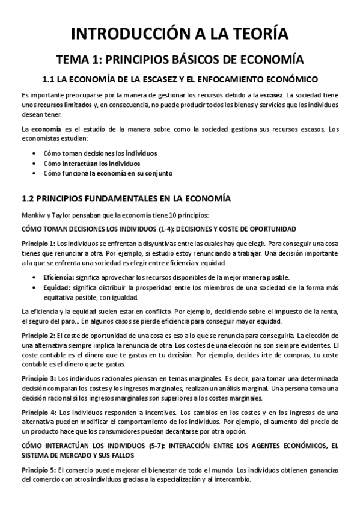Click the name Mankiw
pos(31,215)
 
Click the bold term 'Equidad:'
pos(58,287)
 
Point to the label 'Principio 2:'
pos(38,334)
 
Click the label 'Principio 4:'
pos(38,412)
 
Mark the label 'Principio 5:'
pos(38,469)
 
